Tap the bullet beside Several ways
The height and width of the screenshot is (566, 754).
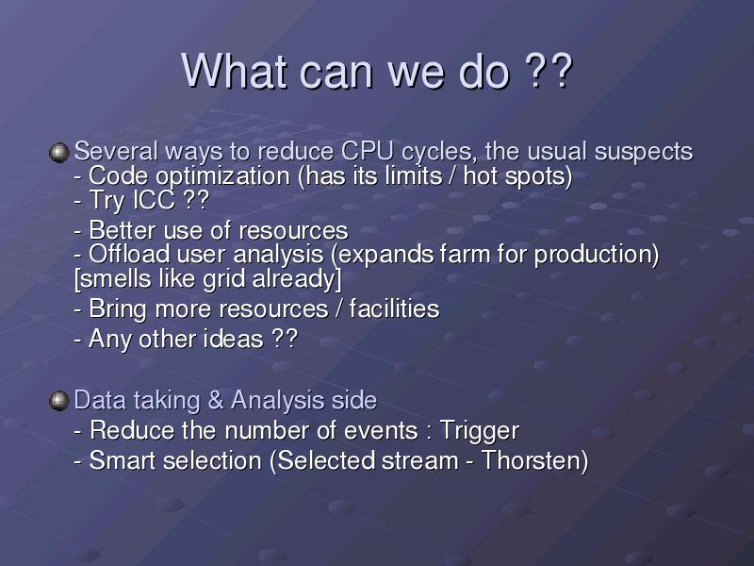(x=59, y=153)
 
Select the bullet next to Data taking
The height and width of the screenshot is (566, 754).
(x=59, y=401)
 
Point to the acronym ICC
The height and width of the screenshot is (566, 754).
(x=154, y=200)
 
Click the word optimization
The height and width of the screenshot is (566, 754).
(x=222, y=177)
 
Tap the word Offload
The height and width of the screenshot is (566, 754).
(x=129, y=254)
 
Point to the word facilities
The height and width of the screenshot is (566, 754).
(x=394, y=308)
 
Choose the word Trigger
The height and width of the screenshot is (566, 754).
(x=480, y=431)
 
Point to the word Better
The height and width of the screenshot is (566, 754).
(x=123, y=230)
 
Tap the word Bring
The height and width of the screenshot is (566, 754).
(x=118, y=309)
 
